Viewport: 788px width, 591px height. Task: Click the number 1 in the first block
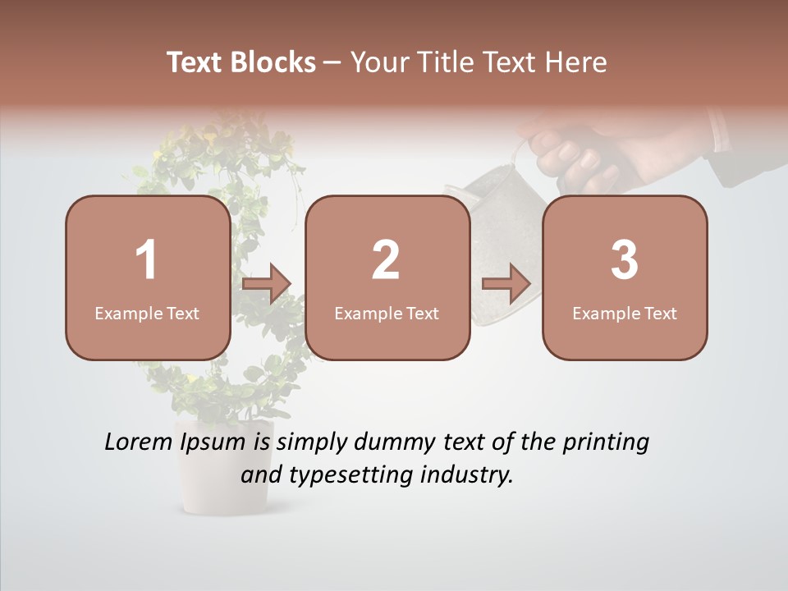point(147,260)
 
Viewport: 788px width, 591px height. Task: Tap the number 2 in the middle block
point(386,260)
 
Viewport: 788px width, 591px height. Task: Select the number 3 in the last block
point(625,260)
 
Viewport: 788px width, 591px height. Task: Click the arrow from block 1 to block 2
point(267,284)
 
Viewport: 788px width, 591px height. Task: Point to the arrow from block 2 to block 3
point(506,284)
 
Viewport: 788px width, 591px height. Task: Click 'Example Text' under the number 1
point(147,313)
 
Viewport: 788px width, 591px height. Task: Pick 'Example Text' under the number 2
point(387,313)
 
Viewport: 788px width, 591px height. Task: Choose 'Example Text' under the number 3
point(625,313)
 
